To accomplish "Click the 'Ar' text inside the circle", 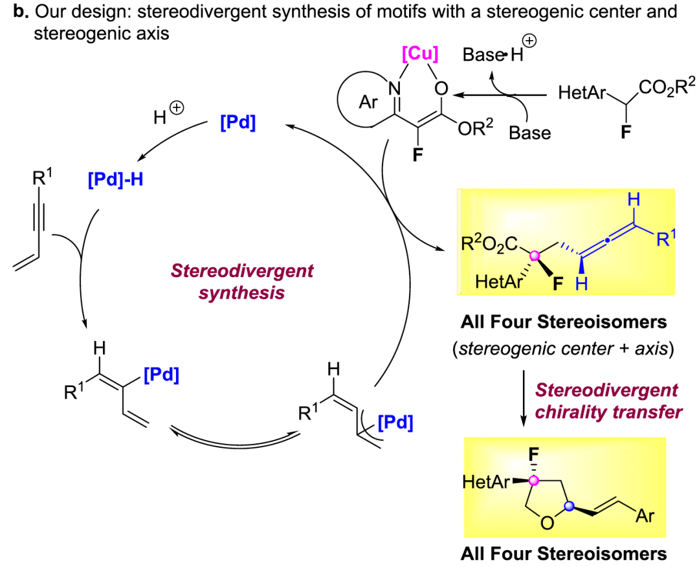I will pyautogui.click(x=368, y=103).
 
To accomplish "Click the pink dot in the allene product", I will pyautogui.click(x=535, y=257).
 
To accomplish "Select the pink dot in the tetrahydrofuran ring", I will pyautogui.click(x=533, y=480).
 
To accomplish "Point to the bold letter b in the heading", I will pyautogui.click(x=9, y=12).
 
